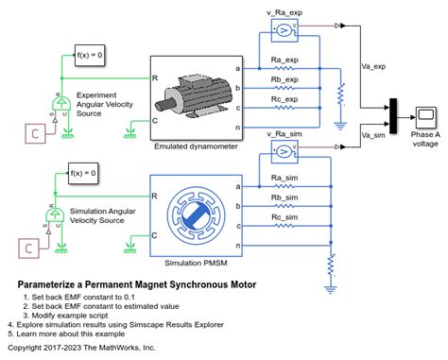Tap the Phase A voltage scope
pos(425,117)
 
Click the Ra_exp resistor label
pos(284,59)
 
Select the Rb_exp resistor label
pos(284,79)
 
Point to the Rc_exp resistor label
pos(284,99)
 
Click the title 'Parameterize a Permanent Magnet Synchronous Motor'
pos(136,284)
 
